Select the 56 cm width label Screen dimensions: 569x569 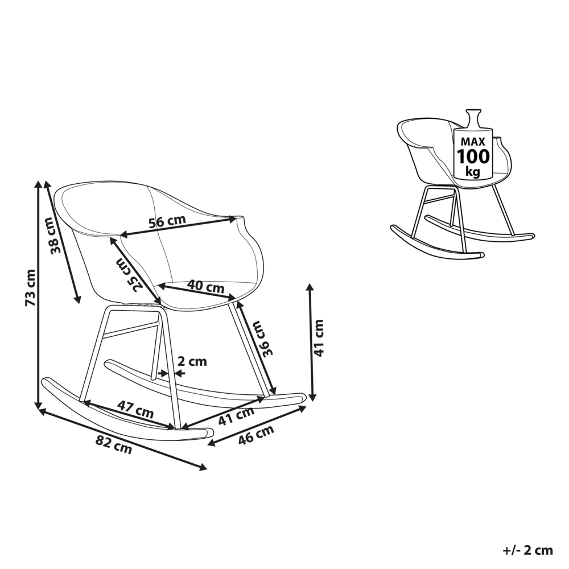pos(167,222)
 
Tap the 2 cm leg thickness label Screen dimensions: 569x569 pos(192,361)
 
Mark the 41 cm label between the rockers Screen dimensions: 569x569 pos(236,417)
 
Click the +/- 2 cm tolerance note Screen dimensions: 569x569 pos(528,550)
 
